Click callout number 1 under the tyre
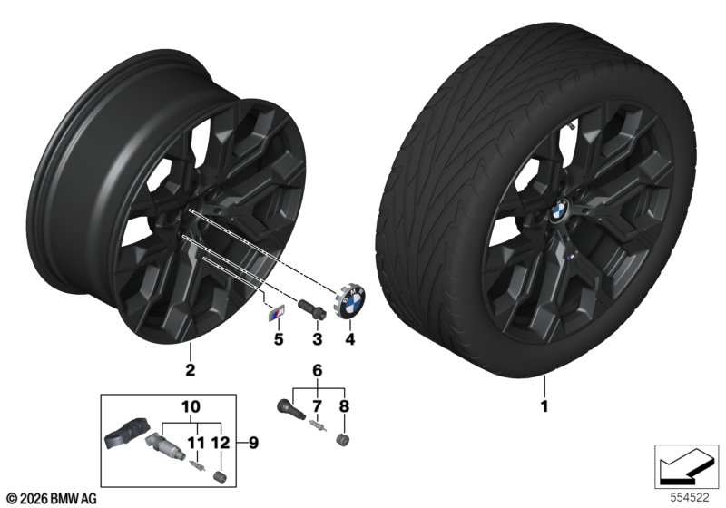(544, 406)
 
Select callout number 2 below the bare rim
(190, 370)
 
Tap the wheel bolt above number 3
(311, 308)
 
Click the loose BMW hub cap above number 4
(350, 302)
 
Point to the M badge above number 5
(276, 314)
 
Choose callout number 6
(317, 370)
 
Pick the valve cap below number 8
(343, 440)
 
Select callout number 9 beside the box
(253, 443)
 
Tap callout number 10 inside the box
(191, 406)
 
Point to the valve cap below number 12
(220, 476)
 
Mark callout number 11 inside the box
(195, 443)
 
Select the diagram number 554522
(690, 497)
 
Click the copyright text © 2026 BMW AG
(53, 498)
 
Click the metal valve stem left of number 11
(165, 447)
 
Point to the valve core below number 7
(318, 425)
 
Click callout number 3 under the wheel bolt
(317, 339)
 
